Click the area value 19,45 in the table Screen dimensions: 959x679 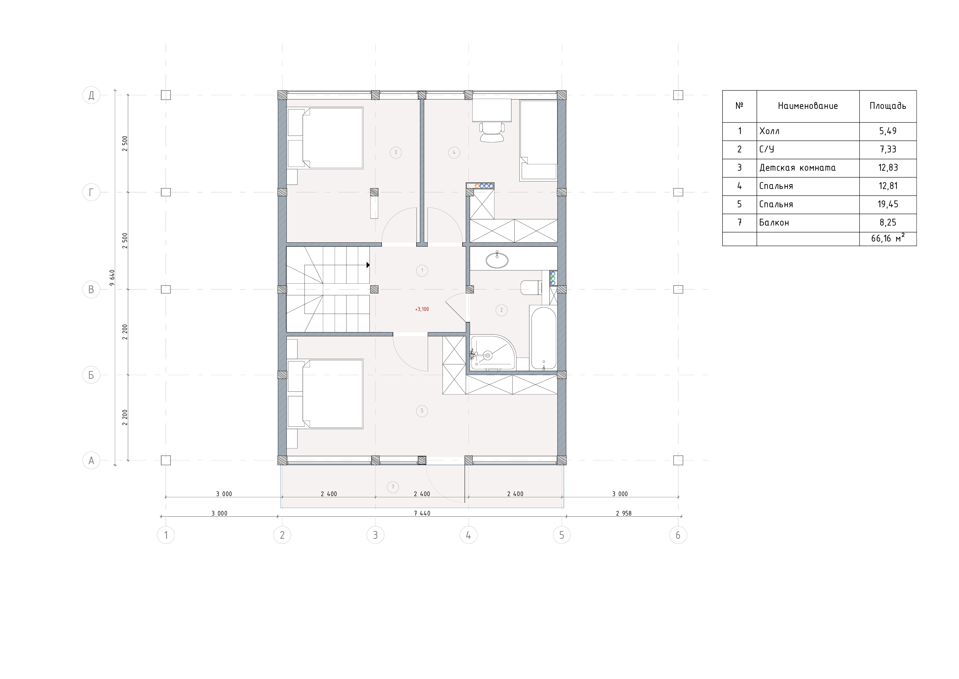[x=888, y=204]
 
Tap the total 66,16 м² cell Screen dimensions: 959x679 [x=888, y=239]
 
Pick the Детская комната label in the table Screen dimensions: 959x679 [x=797, y=168]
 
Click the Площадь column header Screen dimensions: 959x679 [x=888, y=106]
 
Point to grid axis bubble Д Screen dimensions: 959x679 [x=91, y=95]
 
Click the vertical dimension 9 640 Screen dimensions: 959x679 [x=112, y=278]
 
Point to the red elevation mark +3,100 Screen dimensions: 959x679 [x=422, y=309]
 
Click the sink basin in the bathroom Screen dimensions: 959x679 [x=497, y=260]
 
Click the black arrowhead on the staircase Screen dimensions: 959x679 [x=368, y=265]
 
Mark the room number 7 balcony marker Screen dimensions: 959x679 [x=393, y=487]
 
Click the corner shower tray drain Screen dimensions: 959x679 [x=487, y=355]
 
